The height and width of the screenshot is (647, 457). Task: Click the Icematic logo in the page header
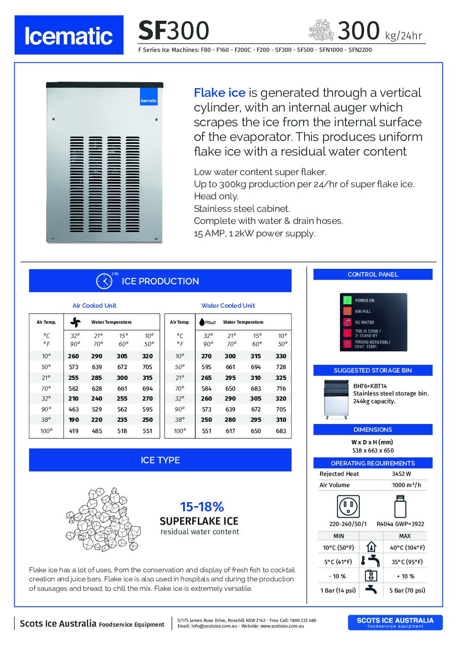coord(69,35)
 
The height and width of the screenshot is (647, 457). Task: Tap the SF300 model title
coord(174,31)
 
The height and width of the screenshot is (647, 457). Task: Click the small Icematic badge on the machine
coord(149,97)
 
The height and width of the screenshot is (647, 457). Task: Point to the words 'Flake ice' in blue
coord(219,93)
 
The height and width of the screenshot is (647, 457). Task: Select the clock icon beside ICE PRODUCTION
coord(104,281)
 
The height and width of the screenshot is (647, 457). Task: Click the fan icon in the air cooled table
coord(75,322)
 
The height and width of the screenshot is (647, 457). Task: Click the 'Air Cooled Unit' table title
coord(94,306)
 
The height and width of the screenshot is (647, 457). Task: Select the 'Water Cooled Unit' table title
coord(228,306)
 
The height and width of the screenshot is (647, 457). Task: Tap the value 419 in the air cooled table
coord(74,431)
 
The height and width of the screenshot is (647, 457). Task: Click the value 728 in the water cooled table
coord(281,367)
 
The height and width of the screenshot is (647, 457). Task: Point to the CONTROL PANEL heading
coord(373,274)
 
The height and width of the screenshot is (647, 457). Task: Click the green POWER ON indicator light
coord(348,300)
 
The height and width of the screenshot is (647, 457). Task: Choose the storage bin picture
coord(336,399)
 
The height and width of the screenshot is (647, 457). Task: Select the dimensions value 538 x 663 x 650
coord(373,450)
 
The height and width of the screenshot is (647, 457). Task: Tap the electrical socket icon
coord(348,506)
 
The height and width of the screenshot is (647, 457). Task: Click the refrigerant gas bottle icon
coord(400,506)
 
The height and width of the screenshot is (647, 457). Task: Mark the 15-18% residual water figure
coord(202,507)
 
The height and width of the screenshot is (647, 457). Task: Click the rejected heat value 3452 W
coord(401,474)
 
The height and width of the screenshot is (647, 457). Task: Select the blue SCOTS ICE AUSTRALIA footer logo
coord(395,622)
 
